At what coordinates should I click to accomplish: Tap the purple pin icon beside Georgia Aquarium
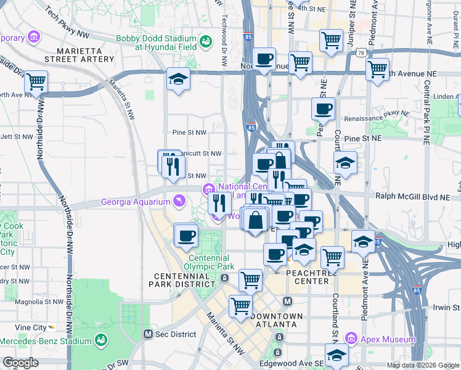[x=179, y=200]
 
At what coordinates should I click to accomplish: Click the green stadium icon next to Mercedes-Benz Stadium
[x=99, y=340]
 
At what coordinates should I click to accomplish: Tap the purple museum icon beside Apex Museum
[x=351, y=339]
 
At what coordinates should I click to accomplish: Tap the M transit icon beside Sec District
[x=148, y=334]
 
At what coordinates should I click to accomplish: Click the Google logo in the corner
[x=21, y=363]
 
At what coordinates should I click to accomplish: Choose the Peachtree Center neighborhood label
[x=312, y=277]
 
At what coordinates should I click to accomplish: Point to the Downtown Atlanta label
[x=277, y=320]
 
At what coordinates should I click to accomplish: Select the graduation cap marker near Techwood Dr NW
[x=178, y=80]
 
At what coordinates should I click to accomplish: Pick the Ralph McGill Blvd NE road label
[x=417, y=197]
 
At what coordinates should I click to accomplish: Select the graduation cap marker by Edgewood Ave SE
[x=337, y=356]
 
